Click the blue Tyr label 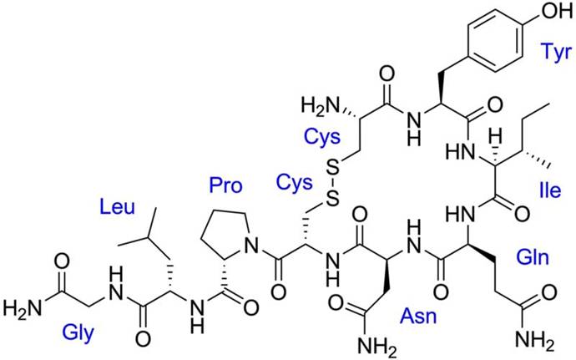pyautogui.click(x=556, y=53)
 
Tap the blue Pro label pyautogui.click(x=225, y=185)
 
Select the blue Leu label pyautogui.click(x=117, y=207)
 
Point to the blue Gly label pyautogui.click(x=78, y=334)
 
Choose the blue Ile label pyautogui.click(x=550, y=190)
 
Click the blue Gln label pyautogui.click(x=533, y=257)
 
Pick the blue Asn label pyautogui.click(x=419, y=316)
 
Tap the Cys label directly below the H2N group pyautogui.click(x=322, y=138)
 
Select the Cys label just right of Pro pyautogui.click(x=294, y=183)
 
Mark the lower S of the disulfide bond pyautogui.click(x=332, y=200)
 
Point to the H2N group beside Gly pyautogui.click(x=22, y=307)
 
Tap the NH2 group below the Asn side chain pyautogui.click(x=376, y=345)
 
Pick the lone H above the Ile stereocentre pyautogui.click(x=497, y=139)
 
